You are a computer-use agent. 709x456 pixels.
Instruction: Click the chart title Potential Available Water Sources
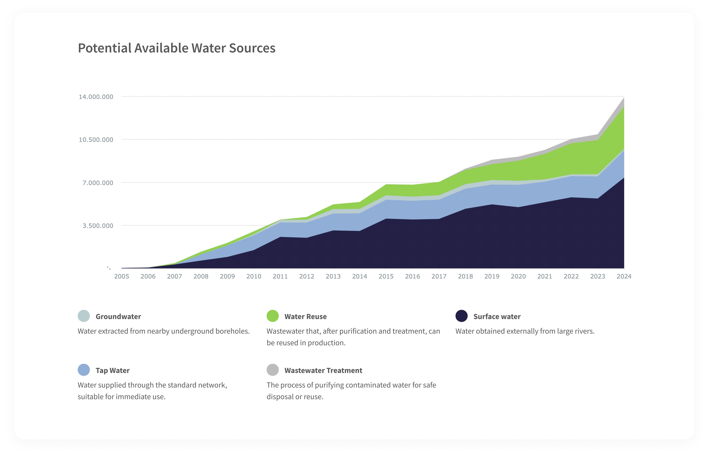176,48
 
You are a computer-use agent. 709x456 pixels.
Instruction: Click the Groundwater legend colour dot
84,316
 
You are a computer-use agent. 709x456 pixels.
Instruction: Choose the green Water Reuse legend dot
273,316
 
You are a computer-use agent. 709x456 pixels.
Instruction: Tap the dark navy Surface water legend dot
461,316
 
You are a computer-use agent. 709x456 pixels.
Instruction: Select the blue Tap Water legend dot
84,370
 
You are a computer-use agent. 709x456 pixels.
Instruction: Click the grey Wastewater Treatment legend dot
273,370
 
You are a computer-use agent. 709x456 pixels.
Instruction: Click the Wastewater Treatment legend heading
323,370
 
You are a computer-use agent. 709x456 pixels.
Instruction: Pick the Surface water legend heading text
497,317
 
